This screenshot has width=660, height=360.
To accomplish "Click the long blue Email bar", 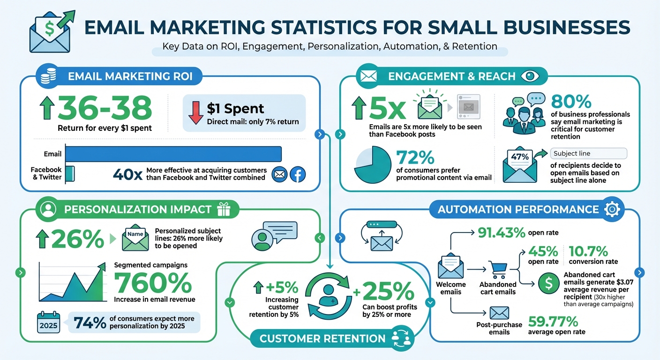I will tap(173, 154).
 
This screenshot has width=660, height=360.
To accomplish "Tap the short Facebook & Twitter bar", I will tap(70, 173).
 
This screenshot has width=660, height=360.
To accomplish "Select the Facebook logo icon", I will tap(298, 175).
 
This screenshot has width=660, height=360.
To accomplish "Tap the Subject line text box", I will tap(588, 153).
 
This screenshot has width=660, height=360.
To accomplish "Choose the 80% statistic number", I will tap(571, 102).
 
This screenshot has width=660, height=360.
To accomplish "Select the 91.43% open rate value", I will tap(501, 232).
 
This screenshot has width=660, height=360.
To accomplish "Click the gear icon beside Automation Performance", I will tap(612, 210).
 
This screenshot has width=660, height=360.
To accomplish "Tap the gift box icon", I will tap(224, 209).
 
